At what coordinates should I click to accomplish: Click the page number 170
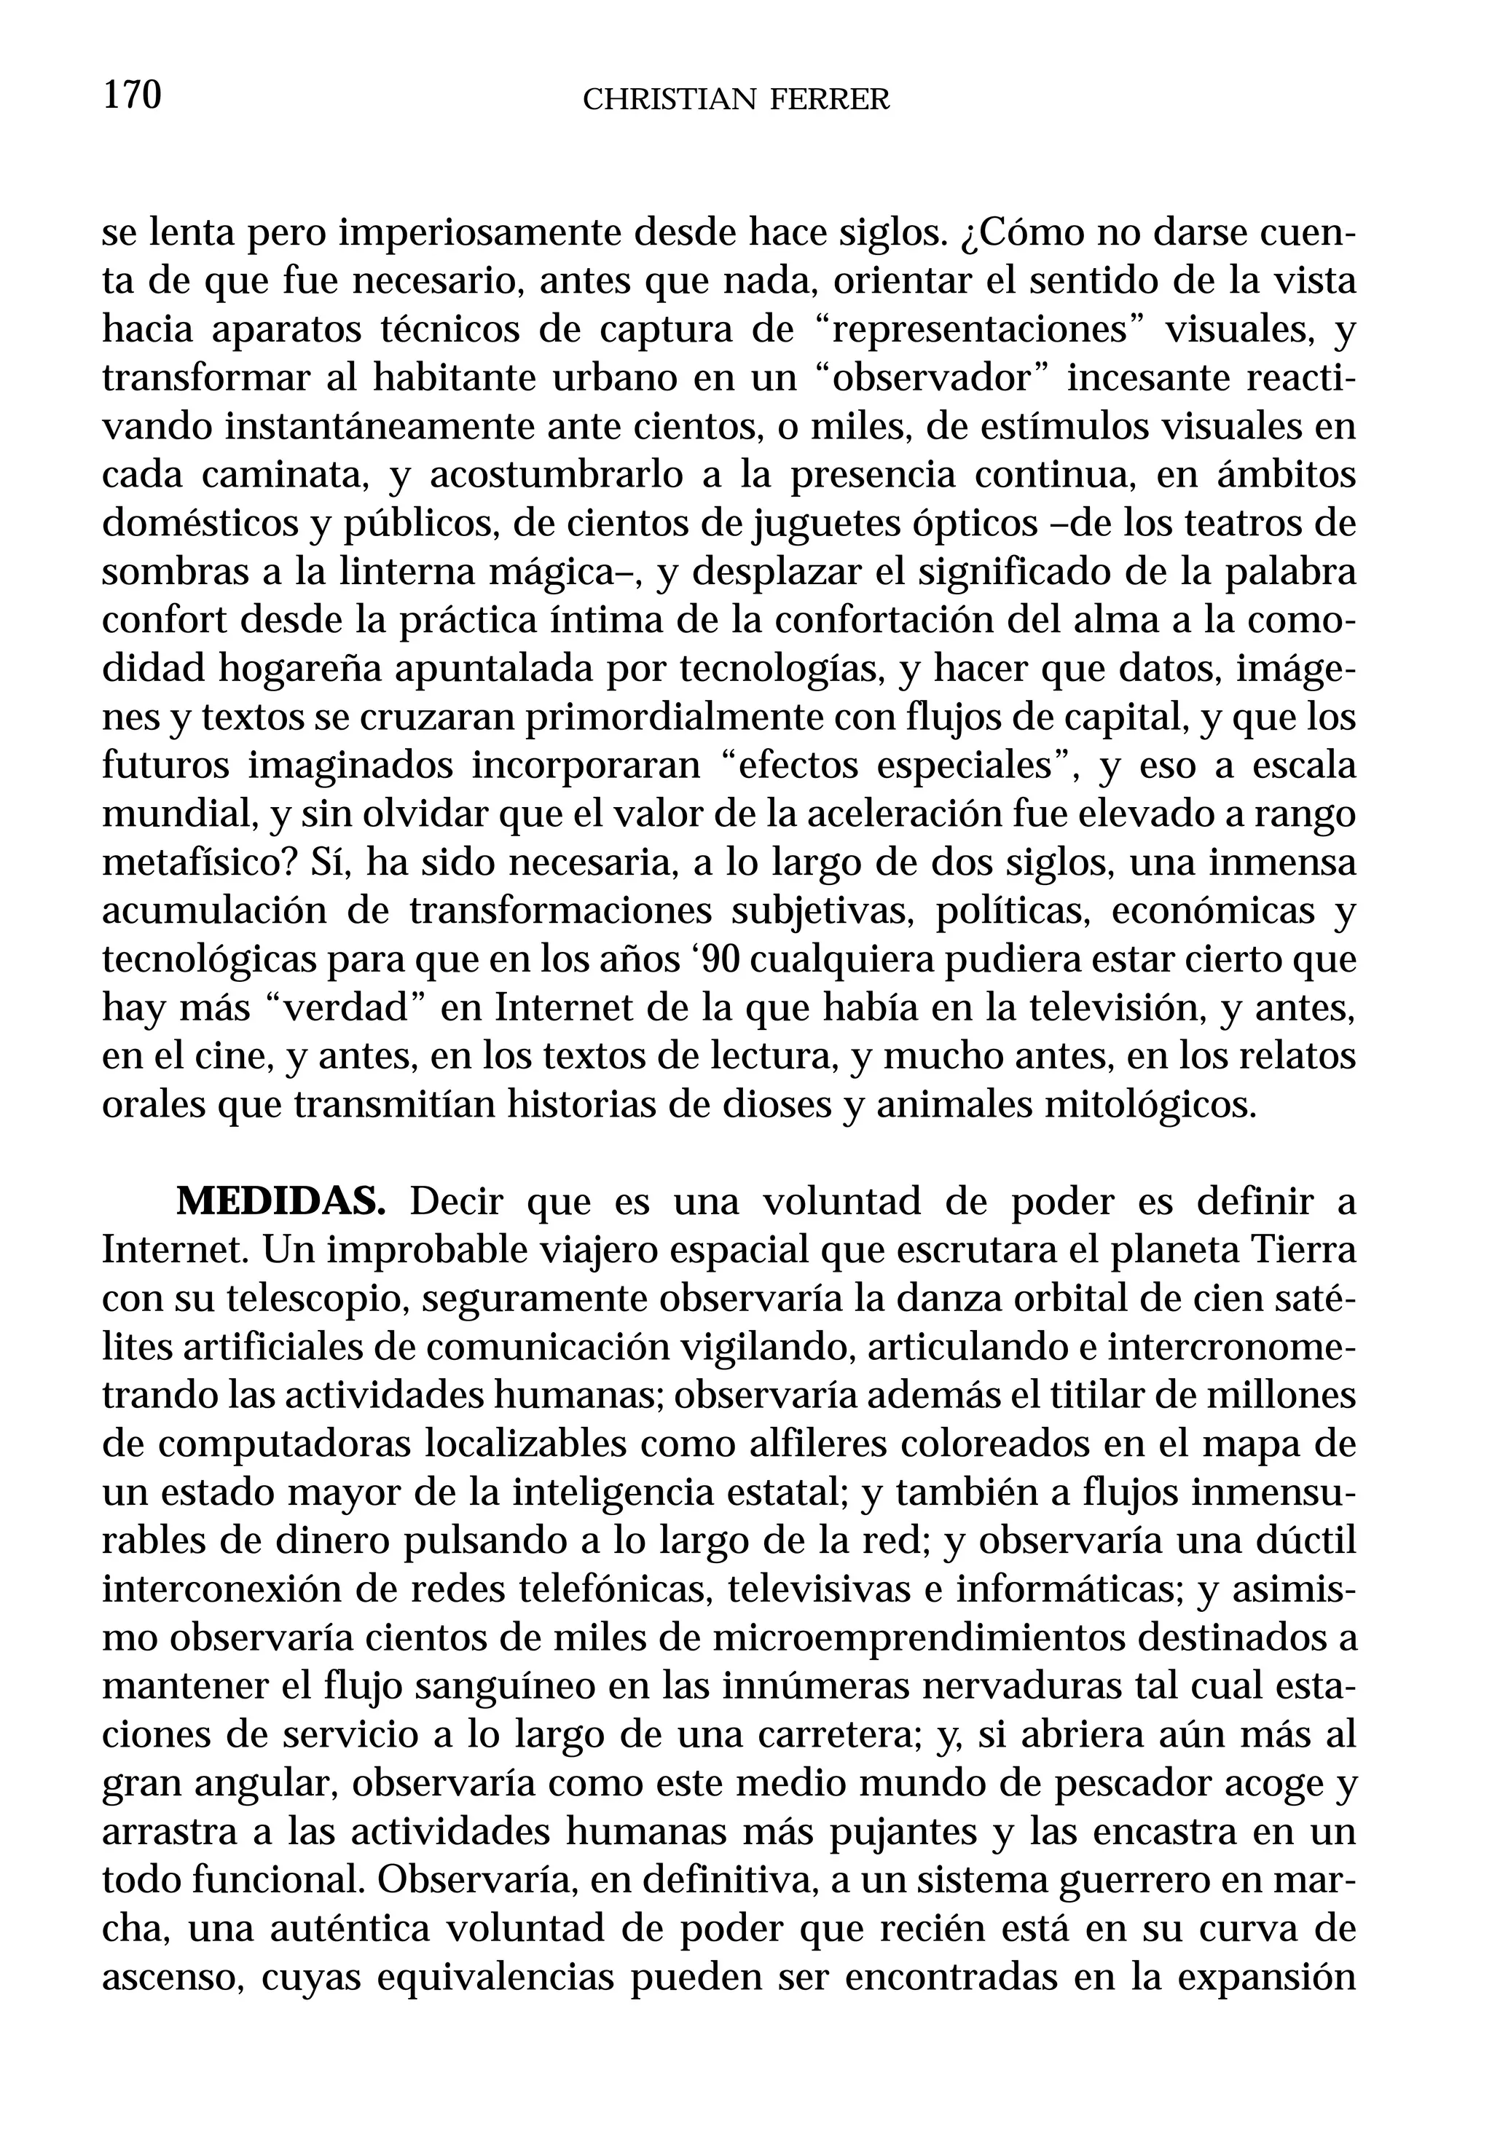coord(132,95)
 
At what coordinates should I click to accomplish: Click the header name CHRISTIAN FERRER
coord(736,99)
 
